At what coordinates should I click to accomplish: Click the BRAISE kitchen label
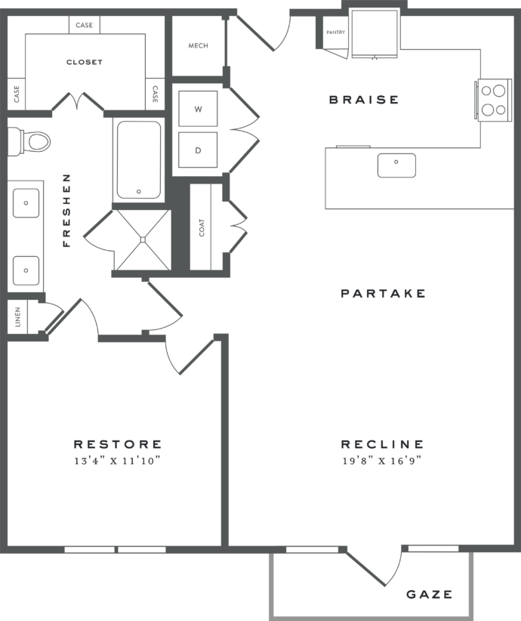click(x=363, y=100)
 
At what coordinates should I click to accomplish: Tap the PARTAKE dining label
click(x=383, y=293)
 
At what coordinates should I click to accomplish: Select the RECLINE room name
click(x=382, y=444)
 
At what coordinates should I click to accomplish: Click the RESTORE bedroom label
click(x=117, y=444)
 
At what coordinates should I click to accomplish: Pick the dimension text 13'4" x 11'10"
click(x=117, y=460)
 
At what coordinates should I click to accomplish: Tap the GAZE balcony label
click(x=430, y=595)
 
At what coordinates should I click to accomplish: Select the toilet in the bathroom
click(x=30, y=141)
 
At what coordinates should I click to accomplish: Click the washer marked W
click(x=198, y=110)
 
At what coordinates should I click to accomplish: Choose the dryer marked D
click(x=198, y=150)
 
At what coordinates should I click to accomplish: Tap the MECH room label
click(x=198, y=46)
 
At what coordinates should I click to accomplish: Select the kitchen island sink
click(x=396, y=164)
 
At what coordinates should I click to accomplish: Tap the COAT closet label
click(x=202, y=227)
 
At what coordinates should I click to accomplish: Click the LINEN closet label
click(x=17, y=318)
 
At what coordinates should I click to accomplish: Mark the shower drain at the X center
click(x=141, y=239)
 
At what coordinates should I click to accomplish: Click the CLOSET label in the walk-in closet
click(x=84, y=62)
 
